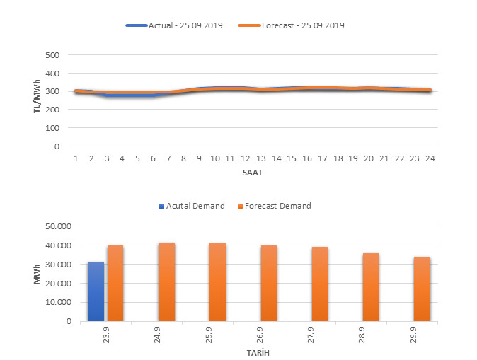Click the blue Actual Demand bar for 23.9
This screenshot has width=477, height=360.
[96, 291]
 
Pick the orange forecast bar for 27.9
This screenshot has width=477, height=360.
[320, 284]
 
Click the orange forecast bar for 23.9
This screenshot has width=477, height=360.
[115, 283]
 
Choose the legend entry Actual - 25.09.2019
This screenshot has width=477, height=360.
[174, 25]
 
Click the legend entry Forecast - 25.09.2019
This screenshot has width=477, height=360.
[292, 25]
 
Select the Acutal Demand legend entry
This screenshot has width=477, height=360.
[190, 206]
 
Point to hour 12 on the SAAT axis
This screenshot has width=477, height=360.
[246, 158]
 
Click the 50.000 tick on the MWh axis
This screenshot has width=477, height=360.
[59, 226]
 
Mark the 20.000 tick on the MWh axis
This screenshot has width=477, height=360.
[59, 283]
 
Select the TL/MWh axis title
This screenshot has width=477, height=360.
[38, 100]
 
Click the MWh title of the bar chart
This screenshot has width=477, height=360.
[38, 273]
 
